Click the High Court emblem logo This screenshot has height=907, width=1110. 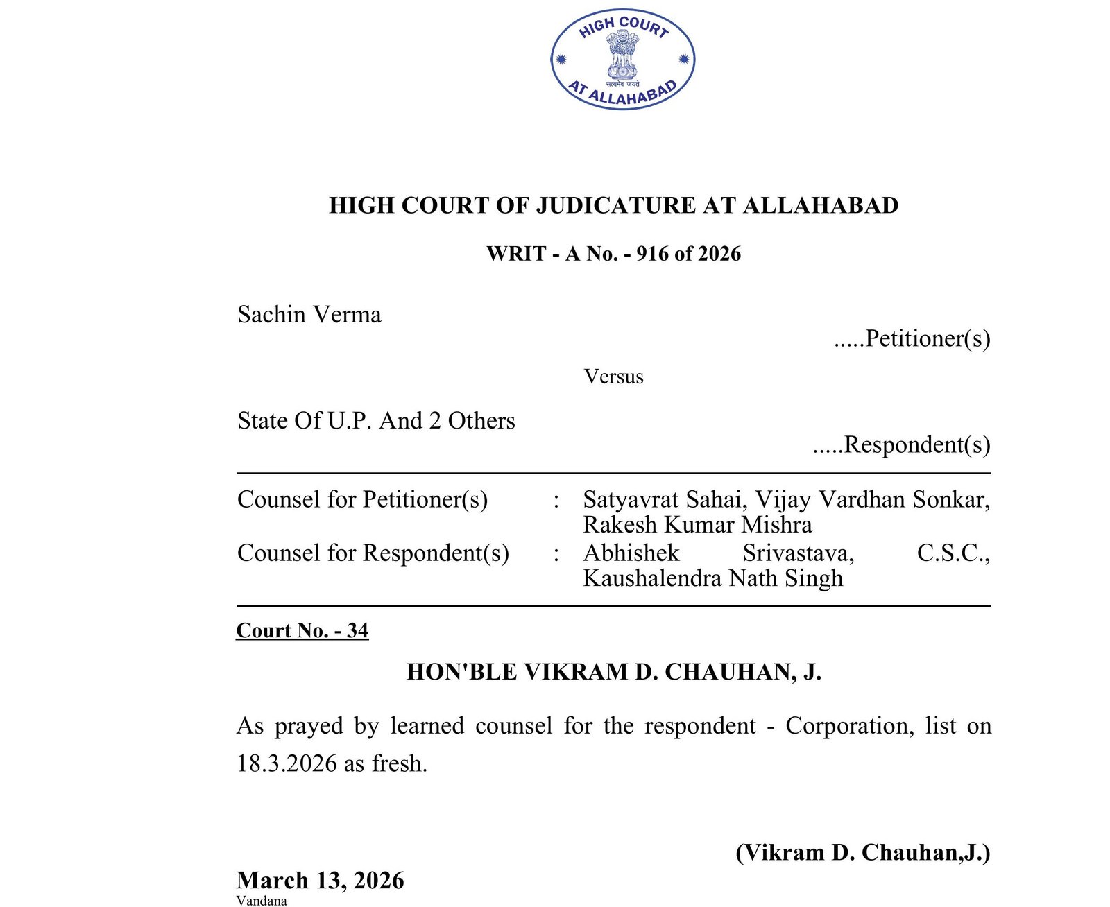tap(622, 59)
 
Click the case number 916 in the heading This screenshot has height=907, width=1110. tap(652, 254)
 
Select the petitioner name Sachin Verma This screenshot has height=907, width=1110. tap(309, 315)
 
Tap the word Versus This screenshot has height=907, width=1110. tap(613, 377)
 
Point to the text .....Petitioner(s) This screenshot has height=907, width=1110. tap(912, 338)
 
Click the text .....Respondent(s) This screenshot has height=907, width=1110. tap(901, 444)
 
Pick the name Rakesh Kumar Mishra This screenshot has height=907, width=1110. tap(697, 524)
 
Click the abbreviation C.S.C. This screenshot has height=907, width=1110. tap(953, 553)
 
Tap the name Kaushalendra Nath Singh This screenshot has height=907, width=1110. tap(712, 578)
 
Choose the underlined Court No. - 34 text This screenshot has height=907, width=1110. tap(302, 630)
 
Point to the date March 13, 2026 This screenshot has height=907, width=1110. tap(320, 880)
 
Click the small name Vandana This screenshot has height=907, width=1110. tap(261, 901)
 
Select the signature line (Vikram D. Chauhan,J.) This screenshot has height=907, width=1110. tap(862, 852)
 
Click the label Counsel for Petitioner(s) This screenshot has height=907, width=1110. tap(362, 499)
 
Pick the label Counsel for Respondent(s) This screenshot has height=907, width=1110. tap(373, 553)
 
